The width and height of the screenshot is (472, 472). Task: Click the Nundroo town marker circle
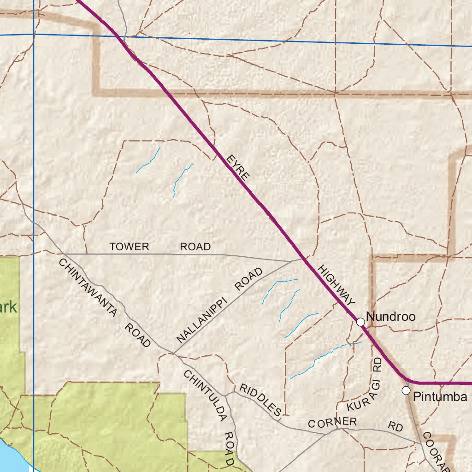[360, 322]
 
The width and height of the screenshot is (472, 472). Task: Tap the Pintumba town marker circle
[406, 390]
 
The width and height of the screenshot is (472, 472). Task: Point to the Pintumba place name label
[440, 397]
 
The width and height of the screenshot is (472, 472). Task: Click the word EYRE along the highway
[238, 167]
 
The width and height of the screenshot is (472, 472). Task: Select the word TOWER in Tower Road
[130, 247]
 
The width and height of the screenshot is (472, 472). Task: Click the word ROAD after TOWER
[195, 247]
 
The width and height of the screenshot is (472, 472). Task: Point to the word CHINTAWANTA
[87, 286]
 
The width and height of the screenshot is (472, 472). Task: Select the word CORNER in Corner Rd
[332, 423]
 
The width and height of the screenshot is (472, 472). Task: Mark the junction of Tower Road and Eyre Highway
[303, 260]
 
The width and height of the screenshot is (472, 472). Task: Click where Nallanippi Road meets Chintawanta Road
[173, 354]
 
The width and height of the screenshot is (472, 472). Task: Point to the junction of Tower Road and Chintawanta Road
[65, 254]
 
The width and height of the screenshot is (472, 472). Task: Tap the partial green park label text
[8, 307]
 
